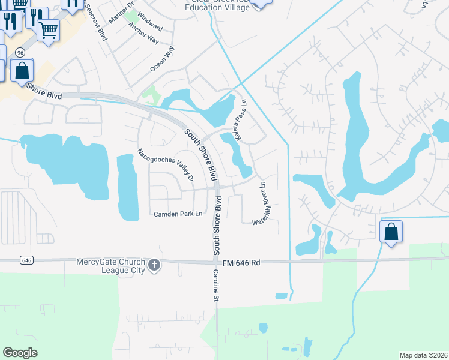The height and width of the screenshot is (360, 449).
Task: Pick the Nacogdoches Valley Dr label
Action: [x=166, y=165]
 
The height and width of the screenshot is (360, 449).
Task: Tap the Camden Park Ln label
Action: [x=178, y=214]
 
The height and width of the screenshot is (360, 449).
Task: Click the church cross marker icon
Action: [x=154, y=265]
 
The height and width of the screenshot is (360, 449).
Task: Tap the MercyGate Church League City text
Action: [x=110, y=266]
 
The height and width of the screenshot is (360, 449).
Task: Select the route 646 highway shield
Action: [x=26, y=260]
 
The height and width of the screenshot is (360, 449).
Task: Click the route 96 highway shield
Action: [x=20, y=52]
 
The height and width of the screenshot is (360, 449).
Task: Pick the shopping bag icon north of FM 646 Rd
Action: [x=391, y=231]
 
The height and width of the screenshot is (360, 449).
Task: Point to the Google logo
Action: [x=20, y=353]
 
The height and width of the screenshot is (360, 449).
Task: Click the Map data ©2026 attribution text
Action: [x=423, y=355]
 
